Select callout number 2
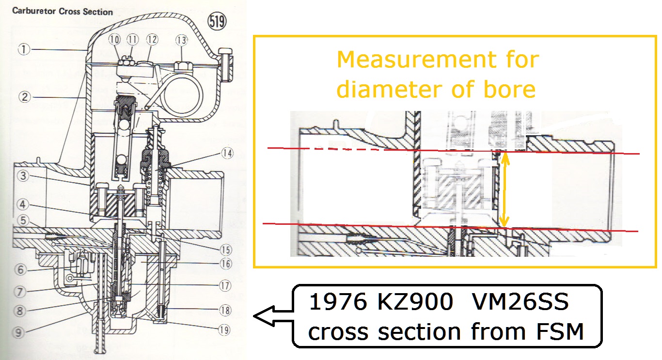click(x=25, y=97)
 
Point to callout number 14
click(x=227, y=154)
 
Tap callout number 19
click(x=223, y=329)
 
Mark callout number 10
click(x=114, y=39)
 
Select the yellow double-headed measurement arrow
click(x=504, y=189)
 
